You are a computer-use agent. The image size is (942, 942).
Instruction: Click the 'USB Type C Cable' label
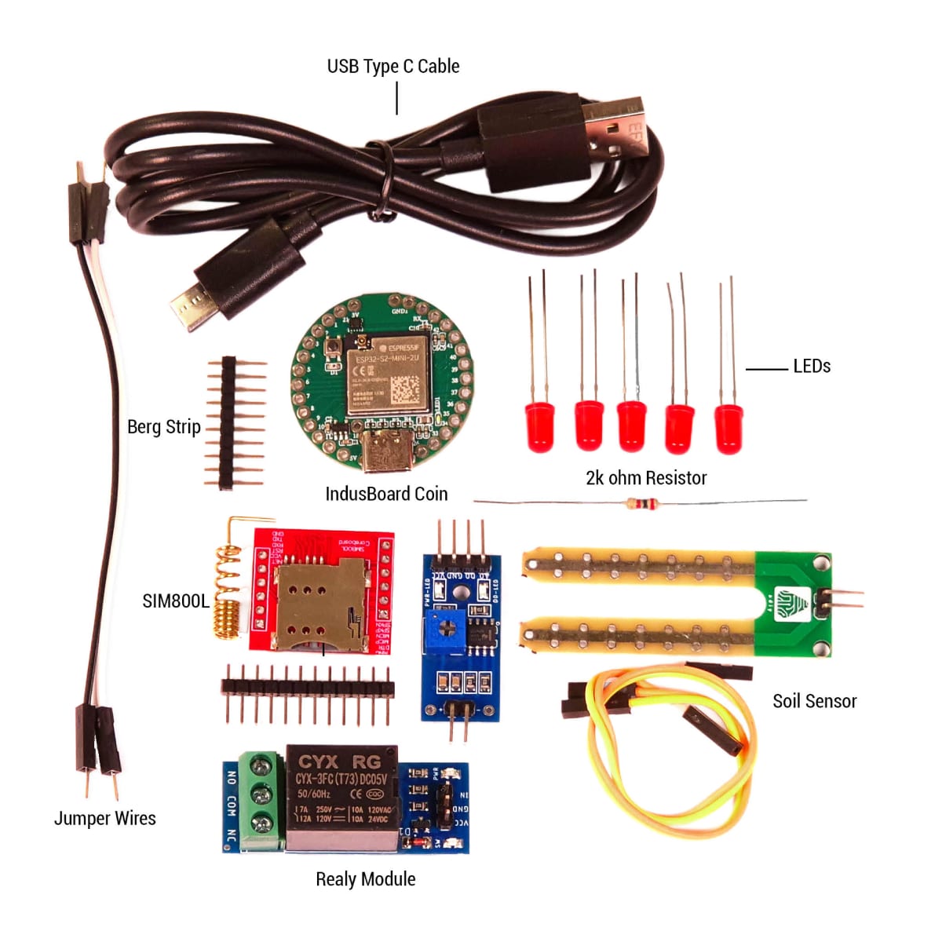(392, 67)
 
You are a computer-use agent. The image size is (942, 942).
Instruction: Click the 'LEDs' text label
(811, 367)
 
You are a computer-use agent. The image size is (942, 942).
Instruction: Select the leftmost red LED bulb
(539, 426)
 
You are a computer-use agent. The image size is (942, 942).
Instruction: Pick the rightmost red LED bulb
(728, 429)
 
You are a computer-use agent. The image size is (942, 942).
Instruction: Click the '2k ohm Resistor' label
(645, 478)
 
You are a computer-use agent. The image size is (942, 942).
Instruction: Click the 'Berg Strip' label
(164, 427)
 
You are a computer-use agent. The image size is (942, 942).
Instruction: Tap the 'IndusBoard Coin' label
(386, 495)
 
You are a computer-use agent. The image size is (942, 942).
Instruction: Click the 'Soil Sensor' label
(814, 702)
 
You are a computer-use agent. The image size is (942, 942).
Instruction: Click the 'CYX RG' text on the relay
(339, 761)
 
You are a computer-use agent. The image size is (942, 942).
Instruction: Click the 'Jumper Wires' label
(104, 819)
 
